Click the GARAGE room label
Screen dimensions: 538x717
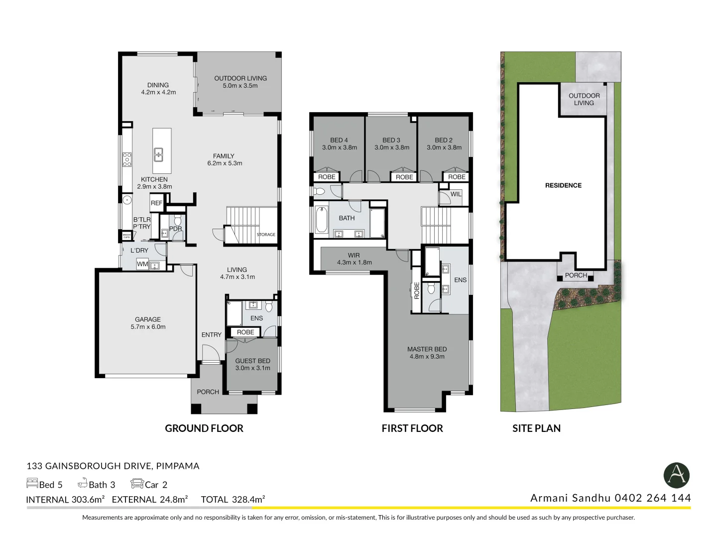(148, 319)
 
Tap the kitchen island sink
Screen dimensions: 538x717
(158, 154)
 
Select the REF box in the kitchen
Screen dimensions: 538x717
(156, 203)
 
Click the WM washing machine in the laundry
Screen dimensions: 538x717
(142, 264)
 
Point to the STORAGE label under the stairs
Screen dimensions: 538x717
(266, 235)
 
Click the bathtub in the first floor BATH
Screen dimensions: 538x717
(321, 220)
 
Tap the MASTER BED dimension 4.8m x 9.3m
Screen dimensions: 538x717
(427, 357)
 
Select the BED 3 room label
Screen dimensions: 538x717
(391, 140)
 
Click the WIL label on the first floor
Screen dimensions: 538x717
(456, 194)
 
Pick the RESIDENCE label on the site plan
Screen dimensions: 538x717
(563, 185)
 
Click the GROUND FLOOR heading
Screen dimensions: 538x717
(204, 428)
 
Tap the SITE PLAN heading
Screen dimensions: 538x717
(536, 428)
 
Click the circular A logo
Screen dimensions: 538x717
(676, 475)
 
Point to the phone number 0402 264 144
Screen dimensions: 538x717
(653, 498)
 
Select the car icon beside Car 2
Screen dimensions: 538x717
(137, 483)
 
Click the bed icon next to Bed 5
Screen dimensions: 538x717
(32, 483)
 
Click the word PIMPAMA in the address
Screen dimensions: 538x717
(178, 466)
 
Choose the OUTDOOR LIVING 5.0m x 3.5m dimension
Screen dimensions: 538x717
(240, 86)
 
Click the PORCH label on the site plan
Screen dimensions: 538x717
(576, 275)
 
